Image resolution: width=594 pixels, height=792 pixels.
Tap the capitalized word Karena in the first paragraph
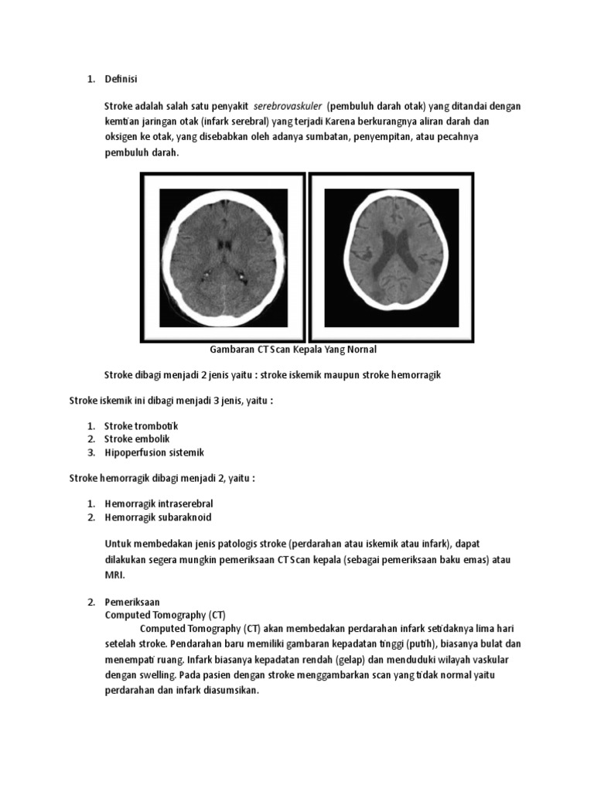[346, 121]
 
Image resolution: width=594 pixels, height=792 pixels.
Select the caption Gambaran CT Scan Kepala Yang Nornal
[293, 350]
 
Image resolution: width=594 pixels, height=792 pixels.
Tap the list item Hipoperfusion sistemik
[154, 452]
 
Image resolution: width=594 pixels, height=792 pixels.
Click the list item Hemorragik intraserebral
[159, 504]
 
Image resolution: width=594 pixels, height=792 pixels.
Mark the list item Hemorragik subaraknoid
[158, 517]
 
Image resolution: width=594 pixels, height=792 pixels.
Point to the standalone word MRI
[114, 575]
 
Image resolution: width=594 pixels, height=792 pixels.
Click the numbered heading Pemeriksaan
[132, 601]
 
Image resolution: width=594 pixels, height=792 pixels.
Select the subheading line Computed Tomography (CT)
[165, 614]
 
